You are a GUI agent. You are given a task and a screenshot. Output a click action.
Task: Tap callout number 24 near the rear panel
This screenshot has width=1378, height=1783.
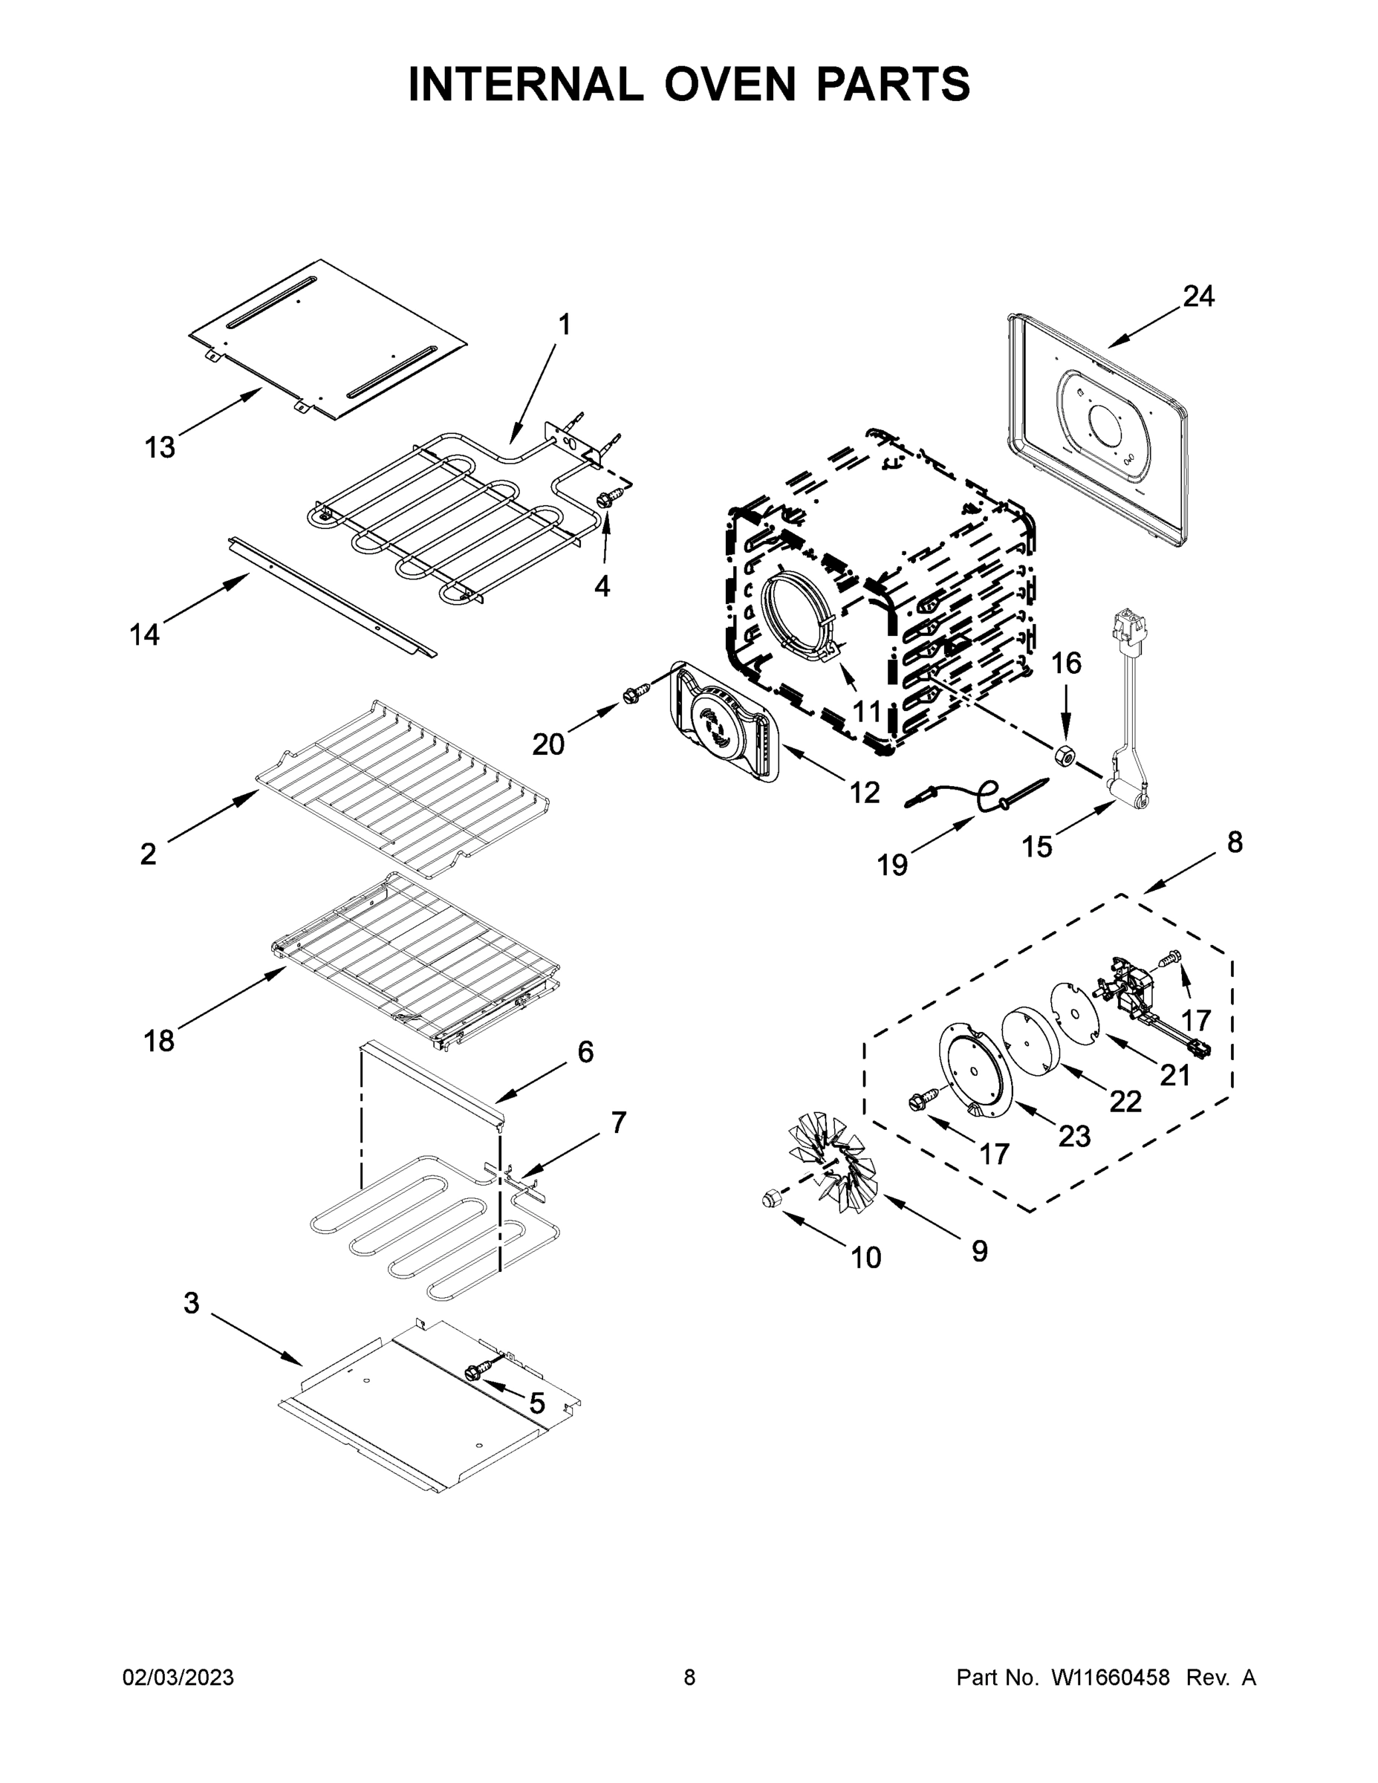click(x=1198, y=296)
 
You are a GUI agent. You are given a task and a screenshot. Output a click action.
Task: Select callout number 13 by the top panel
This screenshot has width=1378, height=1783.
click(x=160, y=447)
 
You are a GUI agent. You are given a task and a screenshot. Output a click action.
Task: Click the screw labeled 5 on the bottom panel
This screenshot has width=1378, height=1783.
click(x=474, y=1372)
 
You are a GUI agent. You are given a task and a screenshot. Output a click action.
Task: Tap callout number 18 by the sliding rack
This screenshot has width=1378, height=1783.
click(x=159, y=1040)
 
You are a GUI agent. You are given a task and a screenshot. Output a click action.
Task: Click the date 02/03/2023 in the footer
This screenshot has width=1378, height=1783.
click(x=178, y=1678)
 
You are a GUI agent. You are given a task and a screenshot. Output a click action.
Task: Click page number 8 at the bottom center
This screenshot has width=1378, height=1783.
click(x=689, y=1678)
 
